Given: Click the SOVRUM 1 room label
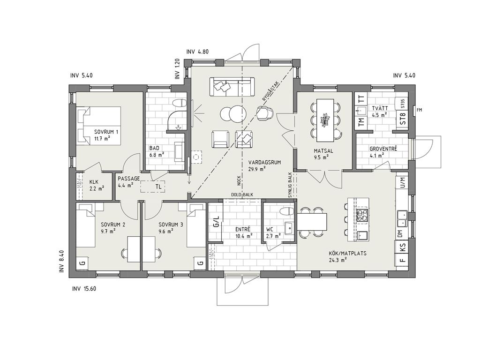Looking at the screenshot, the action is click(106, 132).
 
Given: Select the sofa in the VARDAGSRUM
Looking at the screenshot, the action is click(232, 87).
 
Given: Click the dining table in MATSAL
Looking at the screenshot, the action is click(325, 120).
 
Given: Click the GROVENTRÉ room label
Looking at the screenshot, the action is click(383, 149).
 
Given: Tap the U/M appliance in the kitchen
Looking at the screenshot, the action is click(402, 182).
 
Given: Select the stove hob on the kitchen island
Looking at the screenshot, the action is click(362, 215).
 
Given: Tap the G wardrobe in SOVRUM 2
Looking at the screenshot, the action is click(82, 262).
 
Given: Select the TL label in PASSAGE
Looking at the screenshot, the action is click(158, 187).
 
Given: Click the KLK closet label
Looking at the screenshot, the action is click(94, 182).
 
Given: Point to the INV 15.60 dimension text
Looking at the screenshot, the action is click(84, 289).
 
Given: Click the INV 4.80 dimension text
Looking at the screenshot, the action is click(197, 52).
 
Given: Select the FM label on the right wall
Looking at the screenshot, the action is click(420, 110).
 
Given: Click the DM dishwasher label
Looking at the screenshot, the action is click(400, 234).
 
